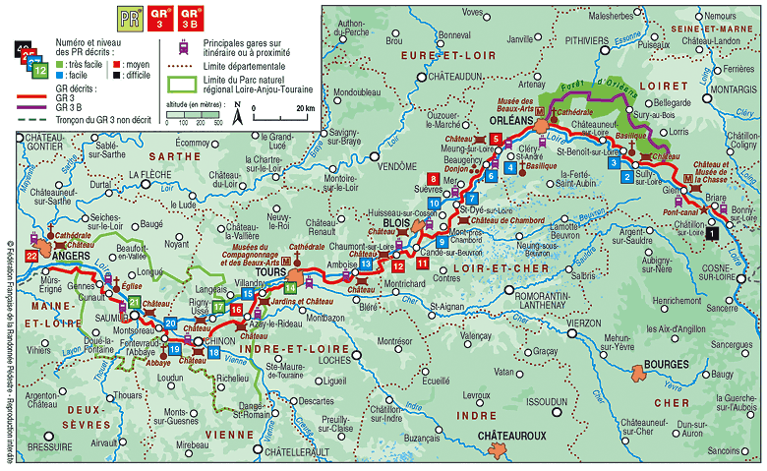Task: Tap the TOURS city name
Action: click(267, 271)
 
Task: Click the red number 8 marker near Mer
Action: click(432, 177)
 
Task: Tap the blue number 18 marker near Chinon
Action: click(212, 352)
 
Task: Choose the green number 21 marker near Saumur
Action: click(135, 301)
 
